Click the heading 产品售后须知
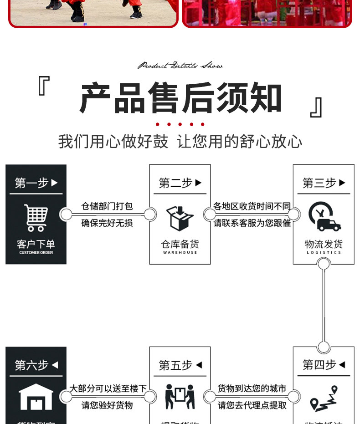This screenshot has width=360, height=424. click(180, 98)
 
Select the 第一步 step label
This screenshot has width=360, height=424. click(36, 183)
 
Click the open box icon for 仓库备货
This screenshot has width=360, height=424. click(180, 218)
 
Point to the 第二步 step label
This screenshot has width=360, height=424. click(180, 183)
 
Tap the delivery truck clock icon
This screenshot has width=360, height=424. click(324, 217)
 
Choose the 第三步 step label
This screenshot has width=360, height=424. click(324, 183)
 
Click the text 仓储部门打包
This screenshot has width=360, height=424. click(107, 206)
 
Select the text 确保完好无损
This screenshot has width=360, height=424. click(107, 223)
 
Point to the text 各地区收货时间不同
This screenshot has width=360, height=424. click(252, 206)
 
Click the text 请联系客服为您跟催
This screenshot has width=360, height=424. click(252, 223)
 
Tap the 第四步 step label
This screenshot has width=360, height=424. click(324, 365)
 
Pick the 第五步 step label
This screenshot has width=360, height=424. click(180, 365)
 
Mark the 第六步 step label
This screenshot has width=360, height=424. click(36, 365)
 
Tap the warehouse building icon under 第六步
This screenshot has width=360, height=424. click(36, 397)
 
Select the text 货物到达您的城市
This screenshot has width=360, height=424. click(252, 388)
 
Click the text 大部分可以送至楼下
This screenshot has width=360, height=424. click(108, 388)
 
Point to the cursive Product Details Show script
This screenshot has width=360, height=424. click(180, 66)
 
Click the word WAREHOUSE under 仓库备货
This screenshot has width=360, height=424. click(180, 252)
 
